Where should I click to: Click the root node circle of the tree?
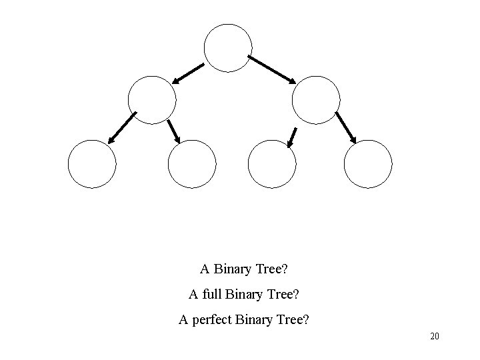coord(228,47)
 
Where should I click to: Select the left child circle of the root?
coord(152,100)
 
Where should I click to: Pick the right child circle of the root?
coord(316,100)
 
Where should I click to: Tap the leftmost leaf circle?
coord(92,164)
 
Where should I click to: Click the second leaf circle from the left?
coord(192,164)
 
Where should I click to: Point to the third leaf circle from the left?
coord(271,164)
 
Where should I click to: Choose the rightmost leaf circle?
coord(368,164)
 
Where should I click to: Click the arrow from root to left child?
coord(189,73)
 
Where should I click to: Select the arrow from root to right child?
coord(273,69)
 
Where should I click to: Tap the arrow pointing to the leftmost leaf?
coord(121,128)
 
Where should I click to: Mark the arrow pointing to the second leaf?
coord(174,131)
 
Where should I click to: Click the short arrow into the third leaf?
coord(292,137)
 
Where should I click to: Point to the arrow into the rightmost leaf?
coord(345,127)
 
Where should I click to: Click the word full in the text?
coord(211,294)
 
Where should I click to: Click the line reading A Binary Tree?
coord(243,270)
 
